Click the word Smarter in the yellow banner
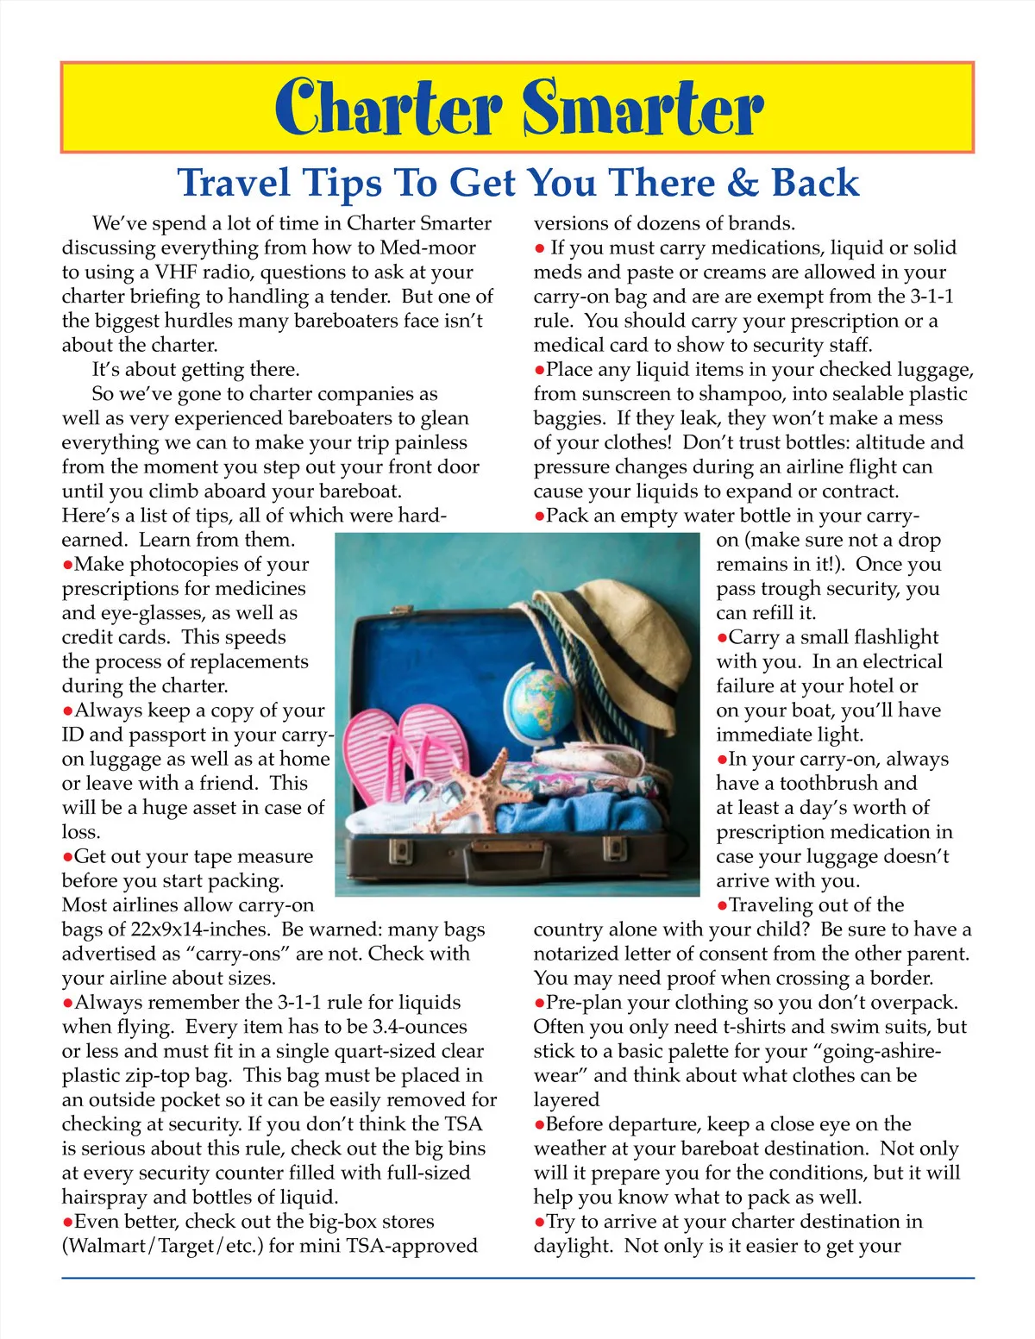643,108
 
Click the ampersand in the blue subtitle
741,183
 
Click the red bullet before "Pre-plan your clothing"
539,1003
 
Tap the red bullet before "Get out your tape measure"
67,857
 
